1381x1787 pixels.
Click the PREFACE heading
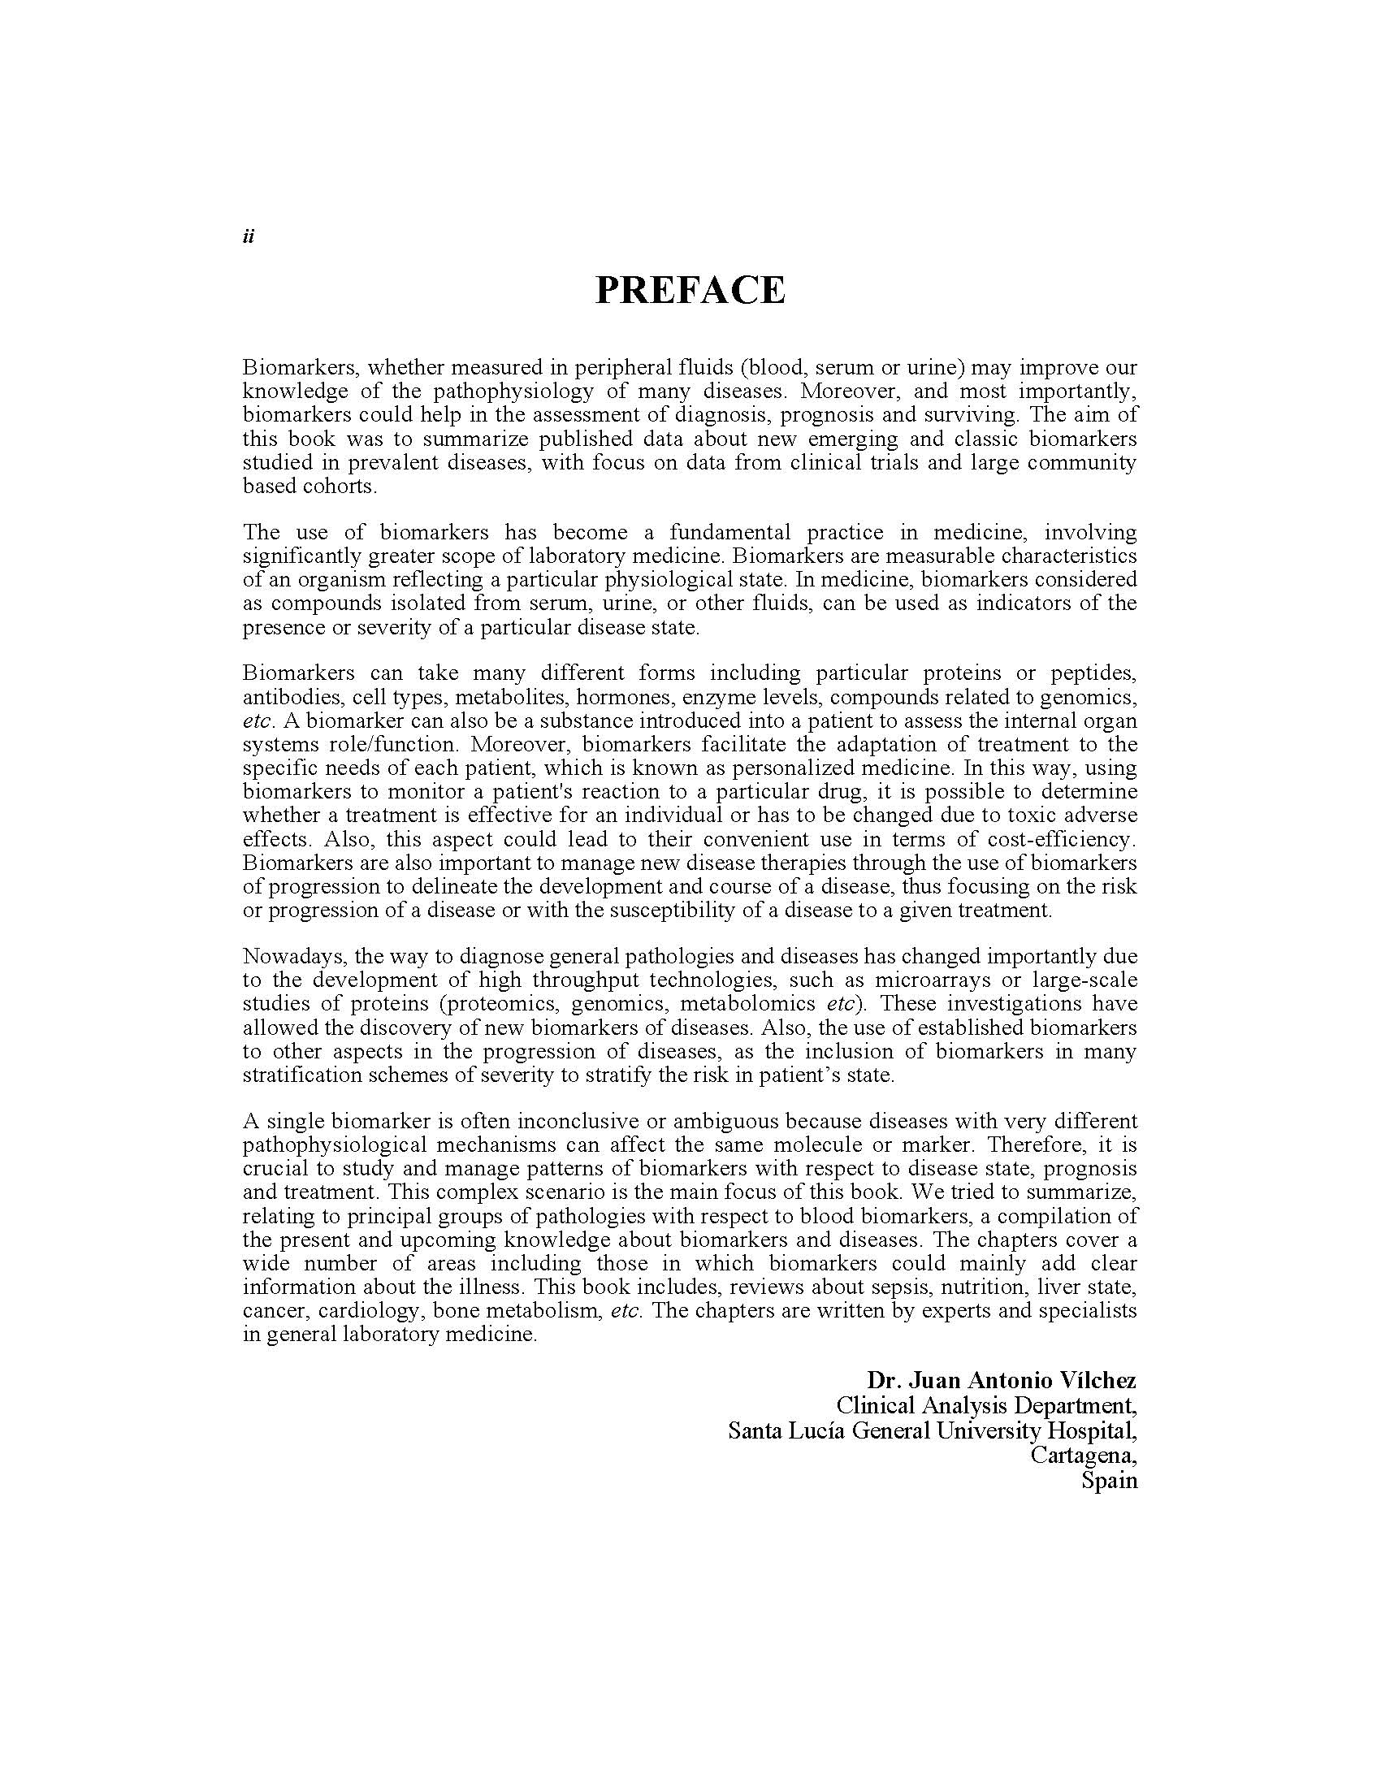[x=690, y=290]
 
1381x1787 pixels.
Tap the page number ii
[x=249, y=236]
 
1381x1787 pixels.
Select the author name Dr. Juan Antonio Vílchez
[x=1002, y=1380]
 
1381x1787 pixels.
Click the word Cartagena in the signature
[x=1083, y=1455]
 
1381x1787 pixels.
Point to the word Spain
[x=1109, y=1480]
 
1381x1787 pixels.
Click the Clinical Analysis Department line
[x=986, y=1406]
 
